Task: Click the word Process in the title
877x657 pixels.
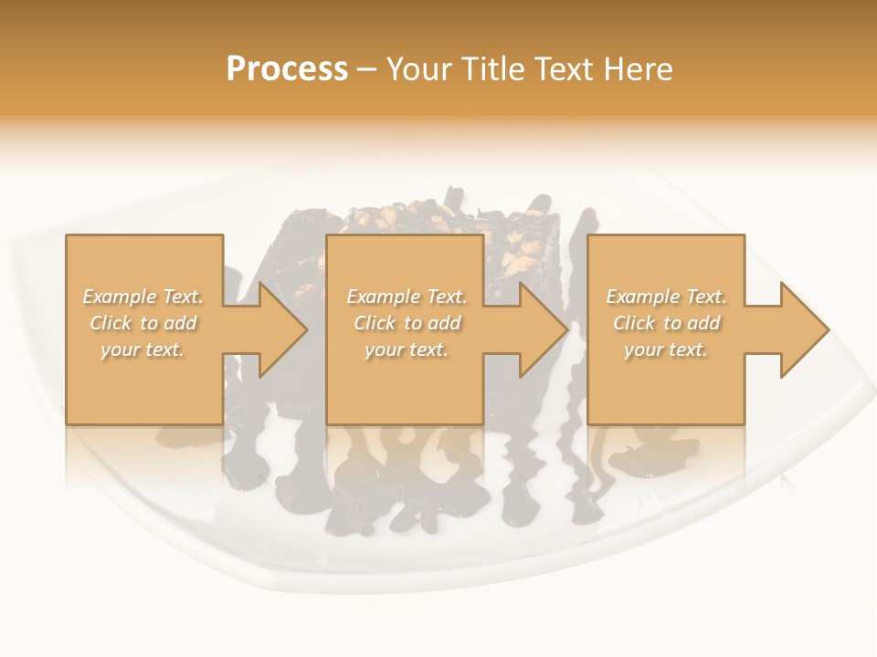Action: pos(287,69)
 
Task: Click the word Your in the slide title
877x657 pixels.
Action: pos(421,69)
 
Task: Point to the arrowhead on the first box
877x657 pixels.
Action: pos(279,329)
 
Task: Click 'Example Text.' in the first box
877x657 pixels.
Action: pos(143,297)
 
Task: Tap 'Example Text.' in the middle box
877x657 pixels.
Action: pos(407,297)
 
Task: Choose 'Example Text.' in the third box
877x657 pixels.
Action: pos(666,297)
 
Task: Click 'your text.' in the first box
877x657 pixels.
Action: pos(143,349)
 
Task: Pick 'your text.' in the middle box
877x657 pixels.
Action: pos(407,349)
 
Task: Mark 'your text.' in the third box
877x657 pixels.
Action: pos(666,349)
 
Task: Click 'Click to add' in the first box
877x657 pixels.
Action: pos(143,323)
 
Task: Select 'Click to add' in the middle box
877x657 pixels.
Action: pos(407,323)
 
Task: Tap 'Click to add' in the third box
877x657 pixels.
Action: pos(666,323)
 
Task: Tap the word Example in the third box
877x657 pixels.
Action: pos(642,297)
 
